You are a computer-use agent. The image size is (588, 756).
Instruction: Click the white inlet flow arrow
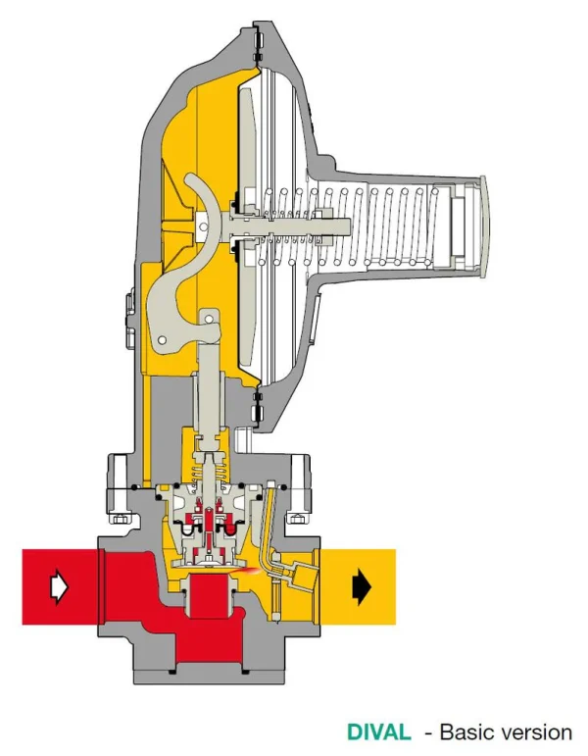tap(59, 586)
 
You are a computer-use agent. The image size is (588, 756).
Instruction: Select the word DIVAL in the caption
tap(379, 732)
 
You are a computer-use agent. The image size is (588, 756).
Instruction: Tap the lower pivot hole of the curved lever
tap(163, 340)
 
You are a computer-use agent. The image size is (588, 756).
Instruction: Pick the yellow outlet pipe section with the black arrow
tap(358, 586)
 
